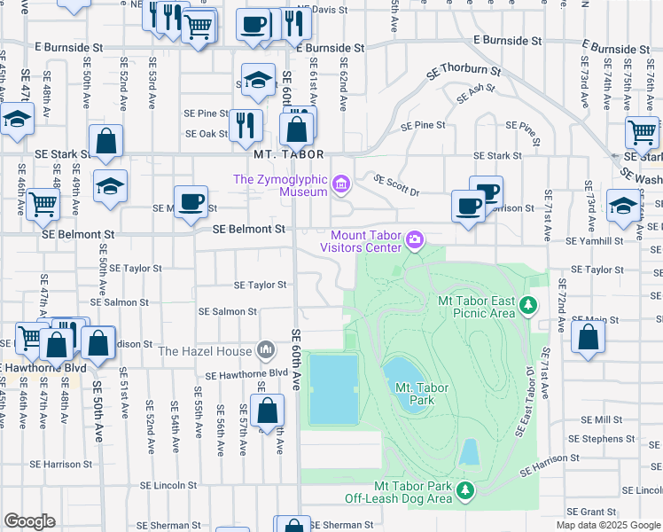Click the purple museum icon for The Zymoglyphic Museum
tap(342, 185)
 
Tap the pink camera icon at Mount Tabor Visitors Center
tap(414, 239)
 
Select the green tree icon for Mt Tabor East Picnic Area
tap(529, 306)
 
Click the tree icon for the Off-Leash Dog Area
tap(465, 489)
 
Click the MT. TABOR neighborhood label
tap(285, 153)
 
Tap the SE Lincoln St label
tap(168, 485)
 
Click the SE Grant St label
tap(591, 512)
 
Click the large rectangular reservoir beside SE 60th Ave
tap(333, 389)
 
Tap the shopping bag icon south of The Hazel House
tap(266, 411)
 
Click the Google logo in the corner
tap(29, 521)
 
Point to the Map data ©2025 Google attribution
tap(607, 525)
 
